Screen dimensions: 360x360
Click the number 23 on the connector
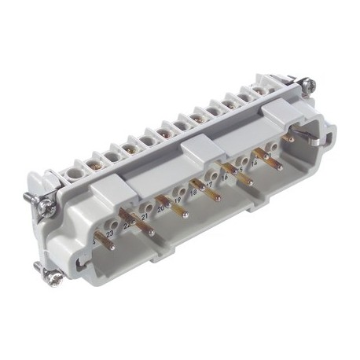[109, 233]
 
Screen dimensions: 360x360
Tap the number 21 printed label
[145, 216]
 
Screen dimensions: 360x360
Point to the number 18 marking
[193, 191]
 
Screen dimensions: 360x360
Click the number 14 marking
[253, 163]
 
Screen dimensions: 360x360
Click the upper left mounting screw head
[46, 206]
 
